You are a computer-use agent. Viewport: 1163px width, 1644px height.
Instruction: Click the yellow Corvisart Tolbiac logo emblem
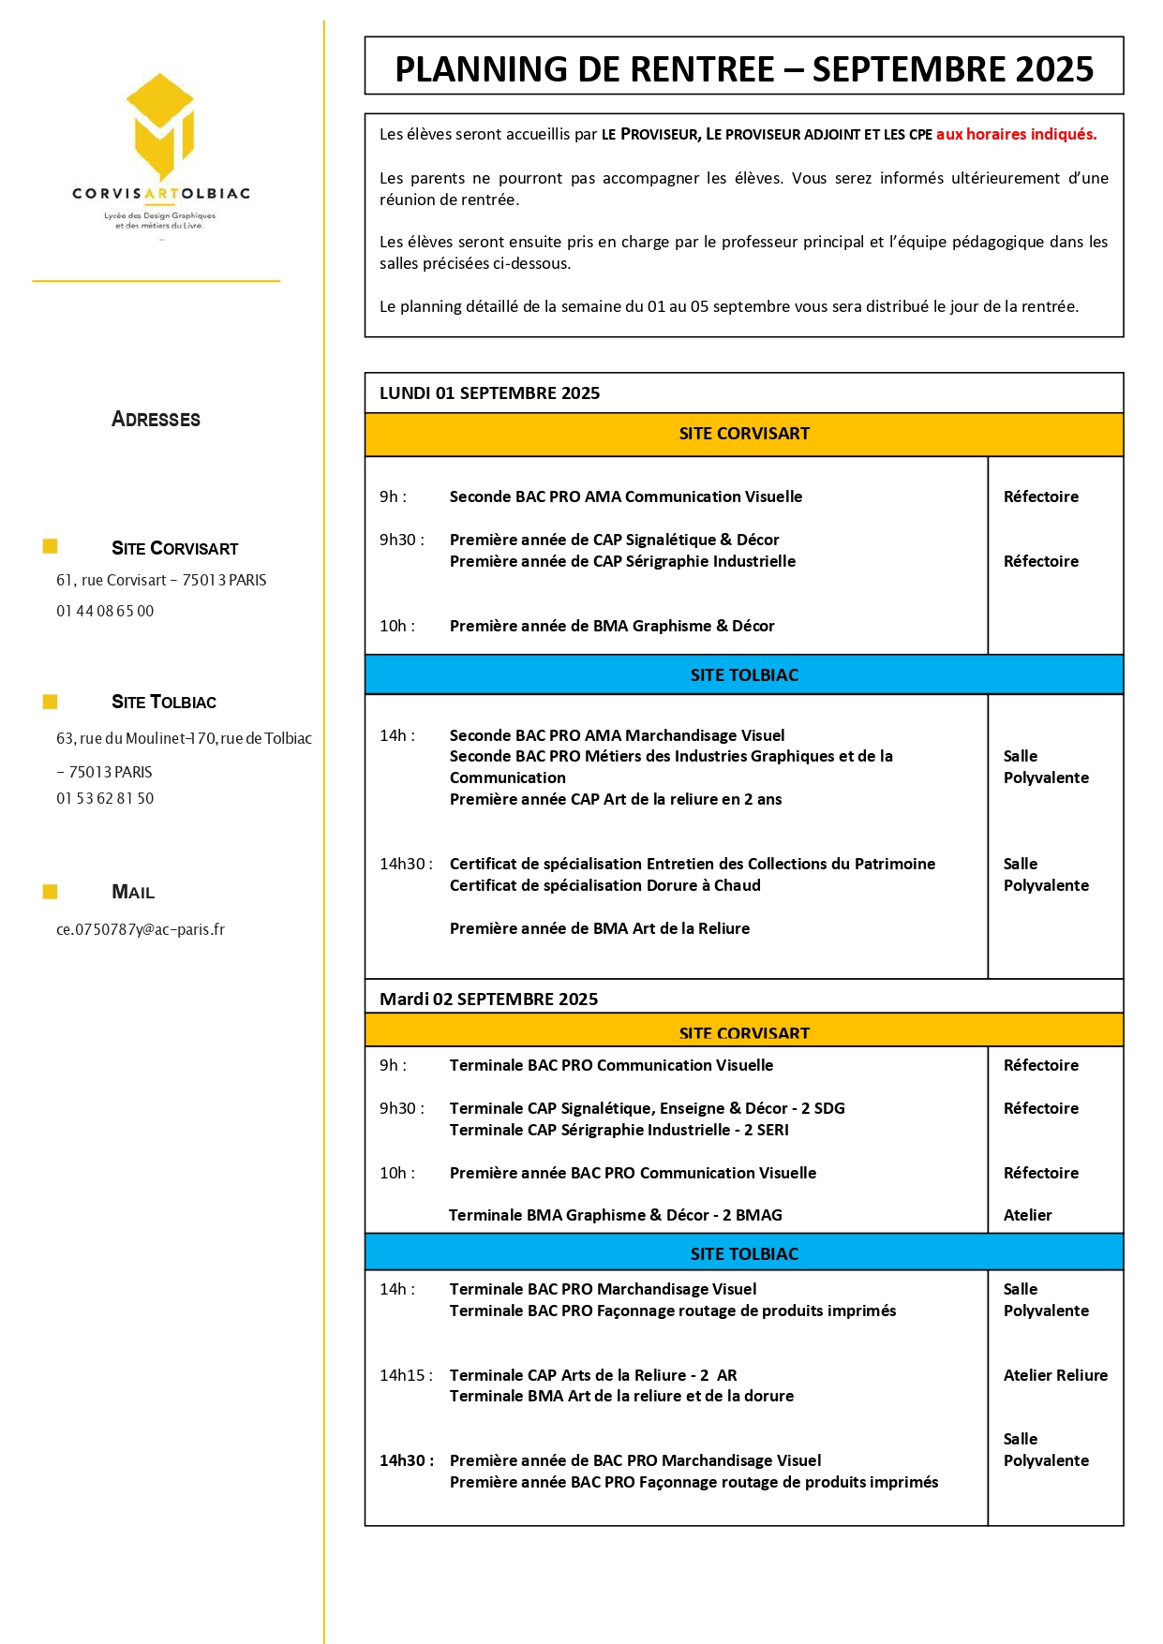161,126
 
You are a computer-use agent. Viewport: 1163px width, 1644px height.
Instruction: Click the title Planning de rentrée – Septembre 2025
743,69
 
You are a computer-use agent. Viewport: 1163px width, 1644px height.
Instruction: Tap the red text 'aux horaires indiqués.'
1016,134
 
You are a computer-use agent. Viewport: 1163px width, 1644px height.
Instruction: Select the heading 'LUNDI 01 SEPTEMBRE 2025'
489,393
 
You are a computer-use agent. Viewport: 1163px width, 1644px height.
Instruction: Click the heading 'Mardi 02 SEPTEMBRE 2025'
488,1000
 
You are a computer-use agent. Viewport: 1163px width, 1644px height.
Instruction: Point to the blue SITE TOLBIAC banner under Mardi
743,1253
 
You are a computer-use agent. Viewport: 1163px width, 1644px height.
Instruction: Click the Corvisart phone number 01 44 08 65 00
105,611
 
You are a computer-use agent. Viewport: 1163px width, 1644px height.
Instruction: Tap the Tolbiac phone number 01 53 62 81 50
105,798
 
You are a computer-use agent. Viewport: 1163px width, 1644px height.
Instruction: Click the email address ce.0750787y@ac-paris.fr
141,929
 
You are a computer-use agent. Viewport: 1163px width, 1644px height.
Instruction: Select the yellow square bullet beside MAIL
50,892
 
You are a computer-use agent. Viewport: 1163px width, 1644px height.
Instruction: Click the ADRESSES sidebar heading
156,419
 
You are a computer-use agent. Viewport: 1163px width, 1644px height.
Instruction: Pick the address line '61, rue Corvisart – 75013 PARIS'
161,580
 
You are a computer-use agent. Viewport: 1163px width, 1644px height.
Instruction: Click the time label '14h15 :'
406,1375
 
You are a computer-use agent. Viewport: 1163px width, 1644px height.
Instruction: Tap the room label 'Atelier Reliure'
1054,1375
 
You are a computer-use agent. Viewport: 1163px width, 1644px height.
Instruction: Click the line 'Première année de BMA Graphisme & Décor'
612,626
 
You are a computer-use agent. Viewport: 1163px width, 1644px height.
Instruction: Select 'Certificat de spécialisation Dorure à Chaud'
604,885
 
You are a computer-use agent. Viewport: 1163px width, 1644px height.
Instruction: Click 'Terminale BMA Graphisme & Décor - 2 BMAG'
615,1215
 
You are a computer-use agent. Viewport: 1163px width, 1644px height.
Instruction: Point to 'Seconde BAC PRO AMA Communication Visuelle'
625,496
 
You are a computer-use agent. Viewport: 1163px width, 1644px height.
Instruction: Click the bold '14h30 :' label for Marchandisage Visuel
406,1460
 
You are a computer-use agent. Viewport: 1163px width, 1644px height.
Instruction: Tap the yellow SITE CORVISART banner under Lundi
743,434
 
